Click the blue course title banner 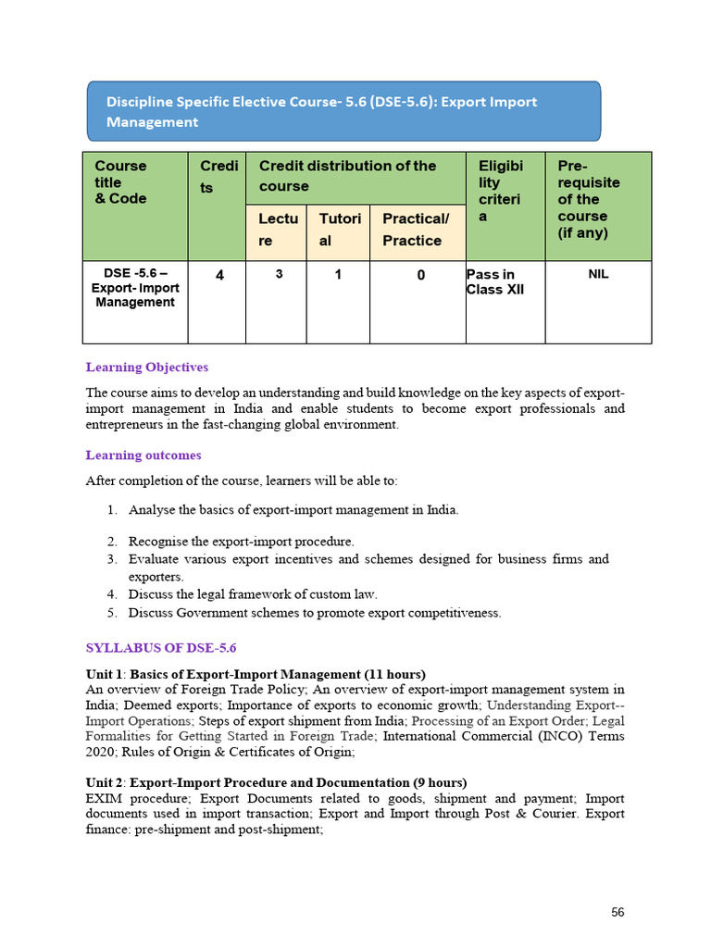pos(343,111)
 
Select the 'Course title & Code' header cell pos(135,206)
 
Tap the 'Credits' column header pos(217,206)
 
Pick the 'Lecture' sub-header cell pos(275,231)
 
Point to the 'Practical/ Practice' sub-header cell pos(418,231)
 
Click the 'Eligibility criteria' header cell pos(505,206)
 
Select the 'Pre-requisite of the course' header pos(598,206)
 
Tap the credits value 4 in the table pos(217,275)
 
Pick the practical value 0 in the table pos(420,275)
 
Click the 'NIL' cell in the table pos(598,274)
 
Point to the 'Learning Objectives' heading pos(146,368)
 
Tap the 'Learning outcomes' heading pos(143,455)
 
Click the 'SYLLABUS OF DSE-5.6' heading pos(167,648)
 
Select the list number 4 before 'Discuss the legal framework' pos(111,594)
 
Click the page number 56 pos(617,913)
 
